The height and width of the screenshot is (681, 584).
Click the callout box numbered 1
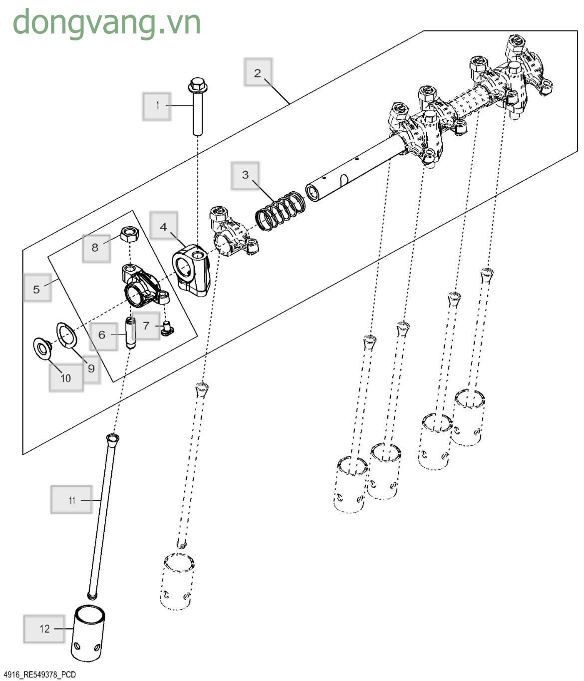click(157, 106)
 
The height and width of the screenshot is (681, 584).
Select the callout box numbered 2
click(258, 72)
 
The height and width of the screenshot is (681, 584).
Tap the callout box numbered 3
click(245, 176)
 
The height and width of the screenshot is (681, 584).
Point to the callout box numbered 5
click(37, 287)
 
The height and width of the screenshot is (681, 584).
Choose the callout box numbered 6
click(103, 336)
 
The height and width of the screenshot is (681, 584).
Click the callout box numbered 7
click(146, 326)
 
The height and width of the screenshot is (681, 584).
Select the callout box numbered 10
click(66, 377)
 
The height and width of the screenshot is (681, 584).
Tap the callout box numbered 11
click(71, 499)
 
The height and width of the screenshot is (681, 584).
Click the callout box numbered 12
click(44, 629)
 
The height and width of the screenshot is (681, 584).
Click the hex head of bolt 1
click(197, 85)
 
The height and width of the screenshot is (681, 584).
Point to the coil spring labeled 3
click(281, 211)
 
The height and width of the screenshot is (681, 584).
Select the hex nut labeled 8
click(130, 235)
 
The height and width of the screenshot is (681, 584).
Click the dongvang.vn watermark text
click(107, 23)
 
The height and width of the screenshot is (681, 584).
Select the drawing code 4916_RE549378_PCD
click(40, 675)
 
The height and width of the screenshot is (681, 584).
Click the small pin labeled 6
click(131, 333)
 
